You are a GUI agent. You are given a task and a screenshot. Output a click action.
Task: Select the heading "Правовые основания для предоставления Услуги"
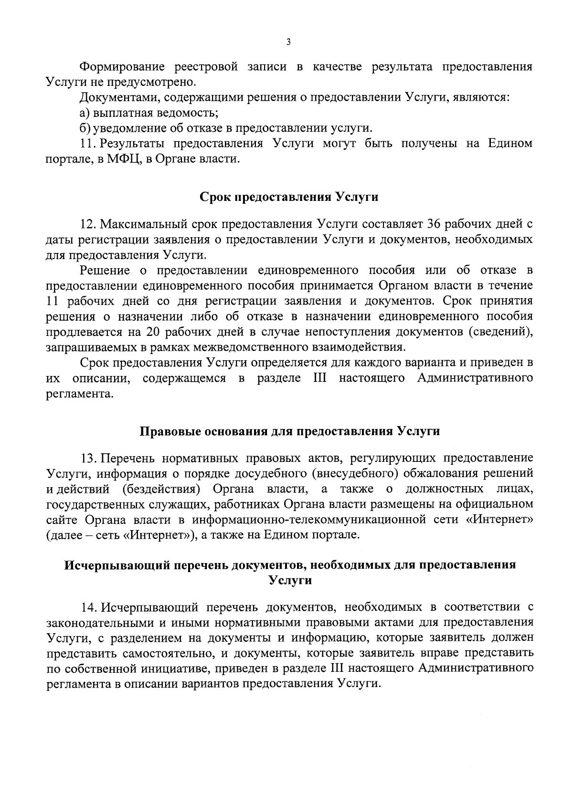289,431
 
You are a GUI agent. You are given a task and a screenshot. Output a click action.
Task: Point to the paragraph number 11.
87,143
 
